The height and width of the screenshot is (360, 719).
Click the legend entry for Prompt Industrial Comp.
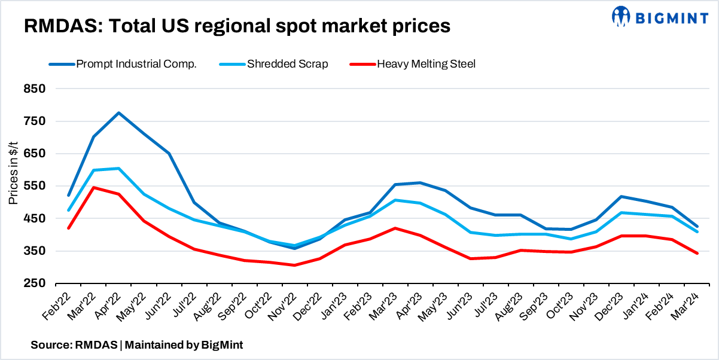pyautogui.click(x=136, y=64)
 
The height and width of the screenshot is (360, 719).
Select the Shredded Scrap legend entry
pyautogui.click(x=287, y=64)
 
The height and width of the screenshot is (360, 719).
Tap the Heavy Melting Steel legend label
pyautogui.click(x=426, y=64)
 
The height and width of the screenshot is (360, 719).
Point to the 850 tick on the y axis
pyautogui.click(x=35, y=89)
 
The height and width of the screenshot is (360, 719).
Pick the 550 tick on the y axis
pyautogui.click(x=35, y=186)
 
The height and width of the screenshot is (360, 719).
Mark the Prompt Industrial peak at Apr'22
pyautogui.click(x=119, y=113)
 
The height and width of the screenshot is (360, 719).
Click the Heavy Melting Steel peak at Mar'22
pyautogui.click(x=94, y=188)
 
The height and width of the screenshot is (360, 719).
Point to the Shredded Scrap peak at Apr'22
pyautogui.click(x=119, y=169)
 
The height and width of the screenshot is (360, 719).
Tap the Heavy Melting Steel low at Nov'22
pyautogui.click(x=294, y=265)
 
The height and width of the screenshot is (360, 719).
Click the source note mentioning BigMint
pyautogui.click(x=137, y=345)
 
